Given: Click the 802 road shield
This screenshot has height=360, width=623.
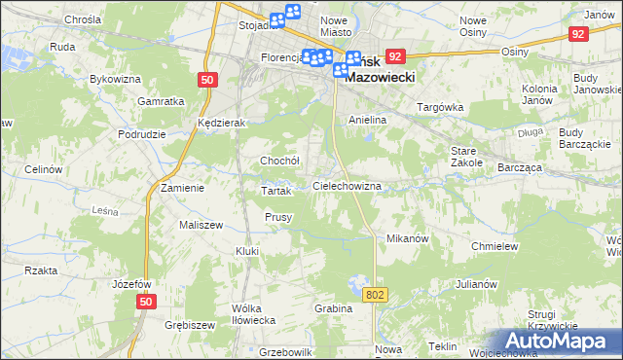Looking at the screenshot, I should click(376, 293).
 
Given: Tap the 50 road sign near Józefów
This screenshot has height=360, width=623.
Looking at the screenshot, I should click(145, 303).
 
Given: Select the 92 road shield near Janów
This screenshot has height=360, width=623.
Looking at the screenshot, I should click(579, 33).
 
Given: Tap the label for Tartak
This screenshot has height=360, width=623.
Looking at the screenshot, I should click(277, 191).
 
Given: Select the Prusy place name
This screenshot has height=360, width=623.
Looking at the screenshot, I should click(279, 217).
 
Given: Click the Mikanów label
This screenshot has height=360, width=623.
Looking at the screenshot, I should click(408, 238).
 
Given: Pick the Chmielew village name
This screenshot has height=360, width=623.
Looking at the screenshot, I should click(494, 246).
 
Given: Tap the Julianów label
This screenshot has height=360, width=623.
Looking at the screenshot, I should click(476, 285).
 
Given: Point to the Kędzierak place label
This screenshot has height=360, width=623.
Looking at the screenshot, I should click(220, 124).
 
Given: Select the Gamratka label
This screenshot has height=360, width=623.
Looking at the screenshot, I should click(162, 101).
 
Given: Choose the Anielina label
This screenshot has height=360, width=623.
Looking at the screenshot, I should click(368, 120).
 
